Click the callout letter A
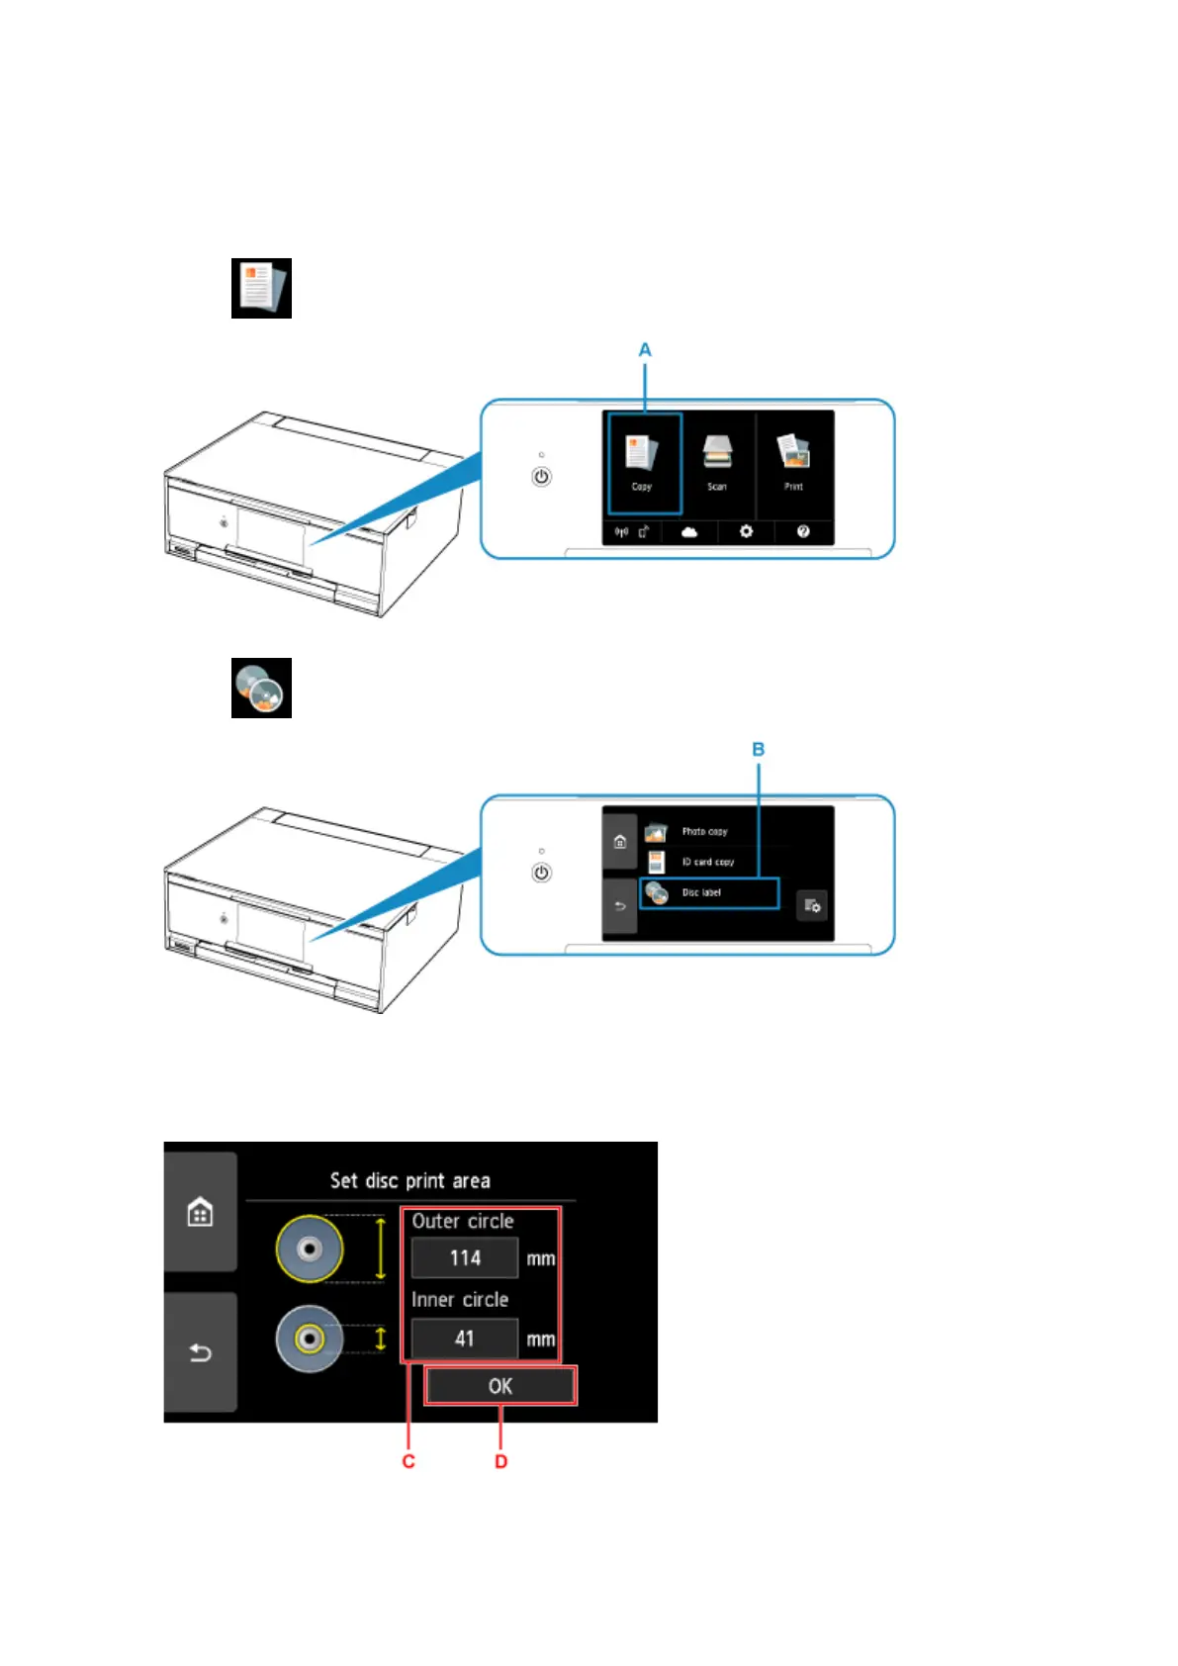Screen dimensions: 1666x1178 pos(645,350)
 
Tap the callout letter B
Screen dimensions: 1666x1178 pos(759,750)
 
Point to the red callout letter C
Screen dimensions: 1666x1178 pos(408,1462)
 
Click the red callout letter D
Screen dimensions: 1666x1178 pos(501,1462)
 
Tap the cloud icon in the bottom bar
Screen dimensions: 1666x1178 pos(689,532)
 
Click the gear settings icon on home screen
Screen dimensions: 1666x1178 pos(746,532)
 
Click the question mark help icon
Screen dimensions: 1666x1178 pos(803,532)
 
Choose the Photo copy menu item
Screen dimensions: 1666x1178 pos(703,832)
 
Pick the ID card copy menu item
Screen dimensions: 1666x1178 pos(707,862)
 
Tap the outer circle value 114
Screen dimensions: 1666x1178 pos(465,1258)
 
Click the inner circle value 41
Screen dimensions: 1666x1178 pos(465,1339)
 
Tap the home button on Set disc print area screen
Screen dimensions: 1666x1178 pos(201,1212)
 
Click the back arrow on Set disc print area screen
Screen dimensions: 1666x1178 pos(201,1352)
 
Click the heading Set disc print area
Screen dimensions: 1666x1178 pos(409,1180)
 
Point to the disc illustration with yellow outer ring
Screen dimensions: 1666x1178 pos(310,1249)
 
